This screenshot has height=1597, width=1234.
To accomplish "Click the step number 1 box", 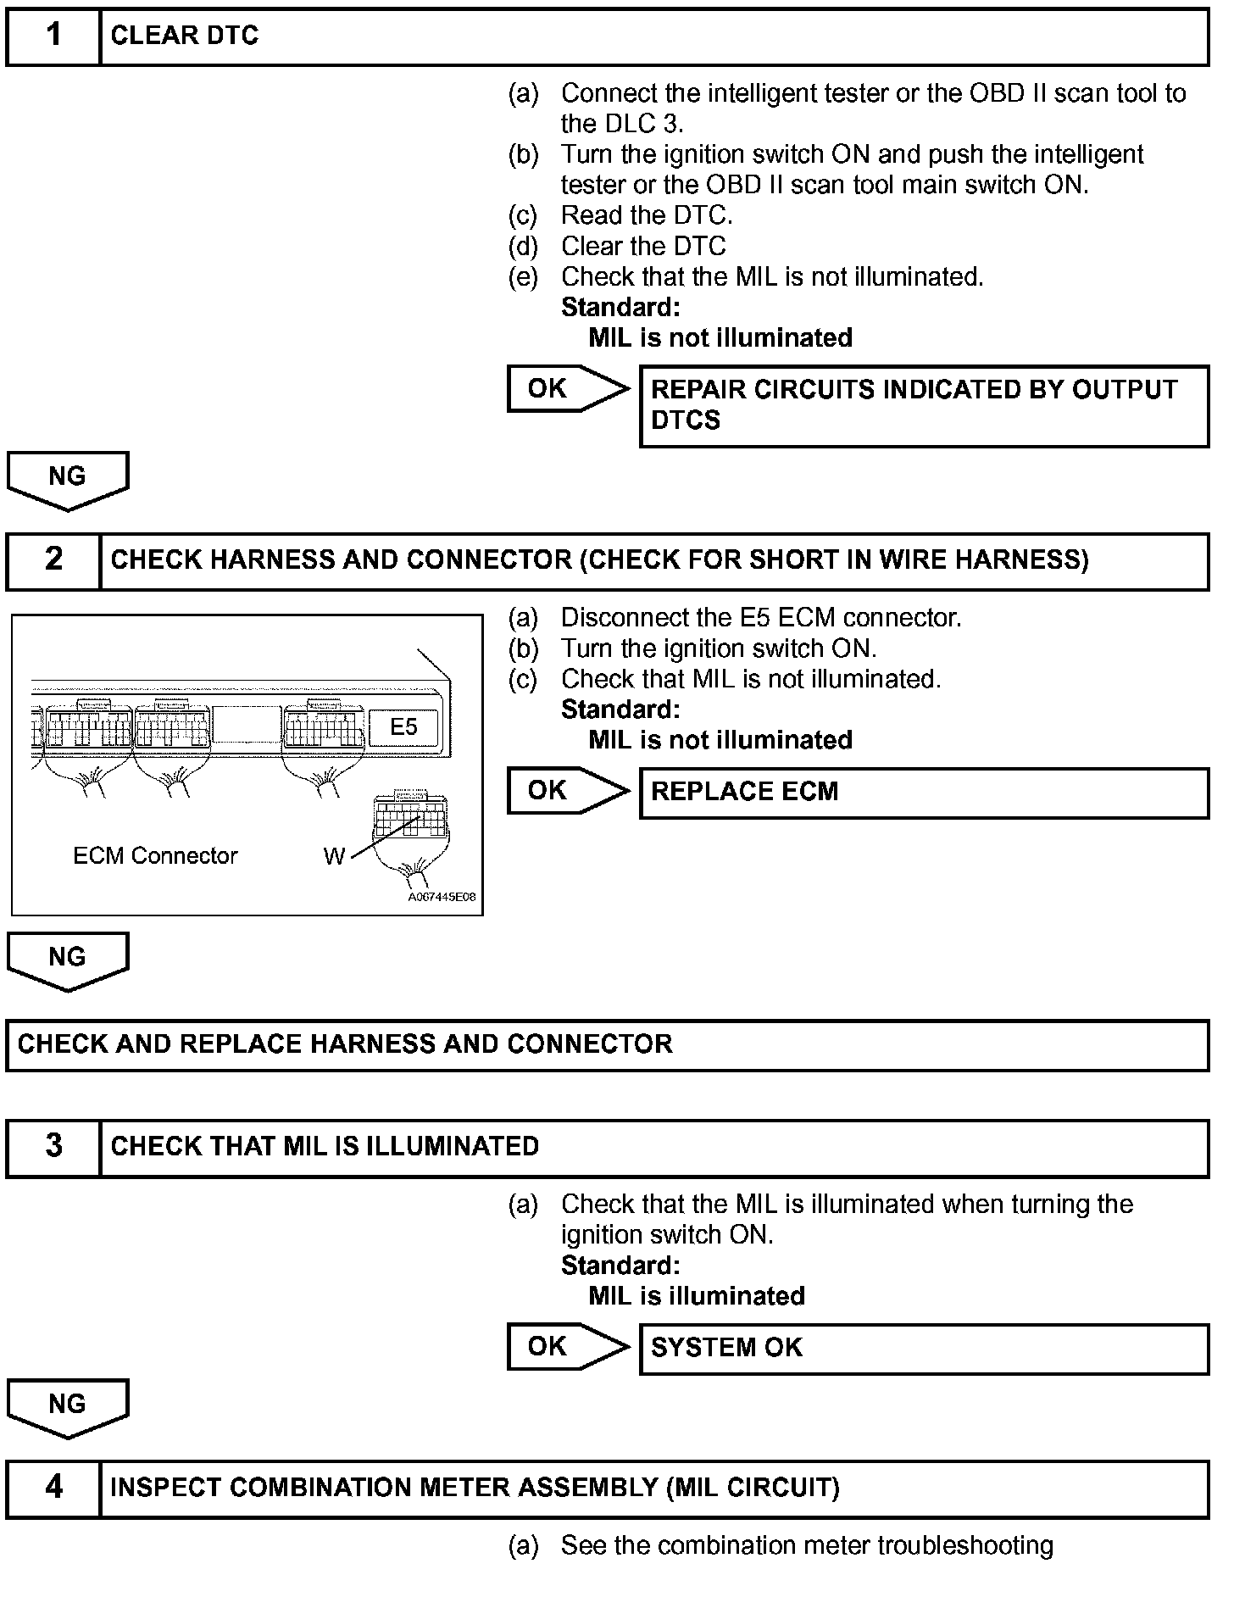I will tap(53, 36).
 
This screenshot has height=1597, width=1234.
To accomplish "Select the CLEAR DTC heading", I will tap(184, 36).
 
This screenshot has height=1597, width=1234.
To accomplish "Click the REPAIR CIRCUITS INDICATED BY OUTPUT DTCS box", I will tap(923, 406).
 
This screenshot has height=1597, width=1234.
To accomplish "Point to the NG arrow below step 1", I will tap(67, 480).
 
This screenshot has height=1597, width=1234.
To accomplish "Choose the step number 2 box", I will tap(53, 560).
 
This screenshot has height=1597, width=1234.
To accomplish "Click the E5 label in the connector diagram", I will tap(403, 727).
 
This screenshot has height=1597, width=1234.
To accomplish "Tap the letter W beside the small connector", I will tap(334, 857).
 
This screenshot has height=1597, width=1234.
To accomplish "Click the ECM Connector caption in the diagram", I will tap(155, 856).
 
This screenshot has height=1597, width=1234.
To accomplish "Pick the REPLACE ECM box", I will tap(923, 793).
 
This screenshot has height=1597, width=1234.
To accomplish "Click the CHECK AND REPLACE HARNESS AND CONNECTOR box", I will tap(607, 1045).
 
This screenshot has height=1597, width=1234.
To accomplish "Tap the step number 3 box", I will tap(53, 1147).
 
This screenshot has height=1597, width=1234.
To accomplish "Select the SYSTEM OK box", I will tap(923, 1349).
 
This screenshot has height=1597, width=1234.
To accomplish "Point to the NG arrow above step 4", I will tap(67, 1407).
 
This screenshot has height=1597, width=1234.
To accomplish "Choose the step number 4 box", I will tap(53, 1488).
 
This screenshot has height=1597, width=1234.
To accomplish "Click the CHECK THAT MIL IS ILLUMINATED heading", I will tap(325, 1147).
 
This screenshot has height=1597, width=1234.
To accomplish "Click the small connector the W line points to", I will tap(411, 816).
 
